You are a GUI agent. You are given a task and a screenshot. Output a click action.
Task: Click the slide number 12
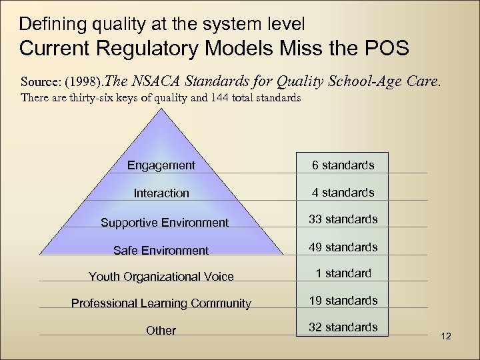point(446,336)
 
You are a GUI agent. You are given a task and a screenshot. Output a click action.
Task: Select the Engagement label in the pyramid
point(161,165)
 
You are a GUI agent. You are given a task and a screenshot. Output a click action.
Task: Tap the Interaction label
point(161,193)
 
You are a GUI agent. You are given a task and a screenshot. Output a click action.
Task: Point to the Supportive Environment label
point(164,223)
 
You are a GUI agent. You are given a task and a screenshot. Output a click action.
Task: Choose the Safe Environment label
point(161,251)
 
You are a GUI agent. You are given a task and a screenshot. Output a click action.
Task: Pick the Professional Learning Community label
point(161,303)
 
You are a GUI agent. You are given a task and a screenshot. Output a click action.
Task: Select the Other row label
point(161,331)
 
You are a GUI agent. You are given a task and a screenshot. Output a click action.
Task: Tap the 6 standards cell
point(343,165)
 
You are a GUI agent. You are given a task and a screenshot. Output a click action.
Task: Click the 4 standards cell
point(343,193)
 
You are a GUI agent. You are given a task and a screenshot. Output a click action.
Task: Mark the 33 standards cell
point(343,219)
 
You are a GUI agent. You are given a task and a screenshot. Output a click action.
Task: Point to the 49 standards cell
point(343,247)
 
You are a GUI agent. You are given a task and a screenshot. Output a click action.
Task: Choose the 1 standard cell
point(343,273)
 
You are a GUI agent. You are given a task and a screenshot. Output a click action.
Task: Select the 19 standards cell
point(343,301)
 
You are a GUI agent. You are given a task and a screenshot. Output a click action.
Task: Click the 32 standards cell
point(343,327)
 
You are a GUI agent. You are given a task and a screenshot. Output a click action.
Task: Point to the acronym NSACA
point(159,81)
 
